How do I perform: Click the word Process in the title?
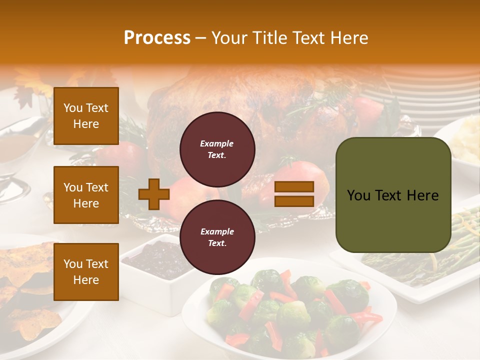point(157,38)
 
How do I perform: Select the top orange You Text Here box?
point(86,116)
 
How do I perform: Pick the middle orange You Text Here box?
point(86,195)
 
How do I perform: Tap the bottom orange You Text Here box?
point(86,271)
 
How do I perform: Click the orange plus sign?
point(153,194)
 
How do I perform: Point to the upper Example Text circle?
point(217,149)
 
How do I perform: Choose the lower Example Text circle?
point(217,237)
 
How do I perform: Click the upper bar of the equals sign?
point(294,187)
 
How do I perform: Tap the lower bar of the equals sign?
point(294,201)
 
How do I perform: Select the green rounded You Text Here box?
point(393,195)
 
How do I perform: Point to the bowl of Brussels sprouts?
point(290,310)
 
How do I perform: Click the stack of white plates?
point(430,95)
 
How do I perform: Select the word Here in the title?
point(349,38)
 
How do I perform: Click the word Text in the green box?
point(392,195)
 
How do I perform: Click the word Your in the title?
point(228,38)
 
